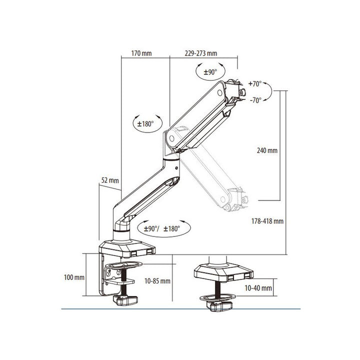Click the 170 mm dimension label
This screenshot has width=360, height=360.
coord(141,53)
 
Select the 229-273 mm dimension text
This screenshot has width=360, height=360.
coord(201,53)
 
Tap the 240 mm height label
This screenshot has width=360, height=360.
coord(267,150)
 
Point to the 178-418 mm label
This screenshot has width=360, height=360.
coord(267,221)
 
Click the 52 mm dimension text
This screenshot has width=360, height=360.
coord(110,180)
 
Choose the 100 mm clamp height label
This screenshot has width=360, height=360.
coord(74,277)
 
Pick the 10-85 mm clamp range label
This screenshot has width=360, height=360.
coord(157,281)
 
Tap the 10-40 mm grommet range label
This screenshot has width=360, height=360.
coord(258,288)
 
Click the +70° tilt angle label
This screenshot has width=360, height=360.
coord(255,84)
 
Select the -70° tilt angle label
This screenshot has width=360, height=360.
coord(255,100)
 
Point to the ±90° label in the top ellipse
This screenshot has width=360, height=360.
coord(210,72)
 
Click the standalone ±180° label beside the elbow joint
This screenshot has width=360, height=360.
coord(145,124)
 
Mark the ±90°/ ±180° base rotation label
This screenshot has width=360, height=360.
coord(162,228)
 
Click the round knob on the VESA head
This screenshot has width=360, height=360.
coord(242,92)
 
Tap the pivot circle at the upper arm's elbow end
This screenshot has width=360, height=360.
coord(171,138)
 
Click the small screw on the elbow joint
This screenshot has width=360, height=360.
coord(176,168)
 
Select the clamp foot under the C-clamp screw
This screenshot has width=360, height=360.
coord(125,300)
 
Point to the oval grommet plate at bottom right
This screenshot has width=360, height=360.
coord(217,298)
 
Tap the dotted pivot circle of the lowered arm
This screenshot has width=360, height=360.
coord(222,199)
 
